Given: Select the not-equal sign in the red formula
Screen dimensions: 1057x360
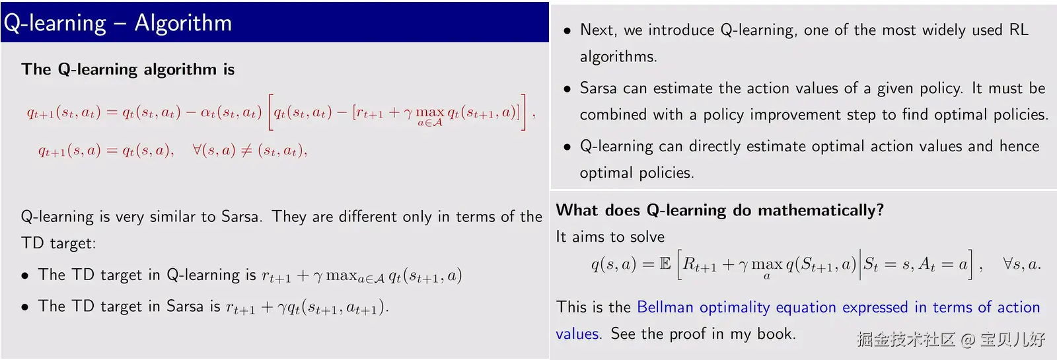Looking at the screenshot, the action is tap(246, 151).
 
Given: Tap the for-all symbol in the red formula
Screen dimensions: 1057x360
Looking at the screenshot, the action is tap(197, 150).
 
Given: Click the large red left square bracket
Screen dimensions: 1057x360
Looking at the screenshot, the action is tap(271, 112).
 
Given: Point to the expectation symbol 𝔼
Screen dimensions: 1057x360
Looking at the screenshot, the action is tap(665, 264).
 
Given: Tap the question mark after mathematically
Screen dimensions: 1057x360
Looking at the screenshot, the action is tap(879, 209).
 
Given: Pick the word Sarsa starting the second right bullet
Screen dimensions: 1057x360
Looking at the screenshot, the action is tap(599, 89).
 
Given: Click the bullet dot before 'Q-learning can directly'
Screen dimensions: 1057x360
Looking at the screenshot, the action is tap(567, 147).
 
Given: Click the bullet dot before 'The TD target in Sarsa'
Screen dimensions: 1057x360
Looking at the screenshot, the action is tap(25, 307).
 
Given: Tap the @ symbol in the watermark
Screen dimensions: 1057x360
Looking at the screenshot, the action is tap(968, 340).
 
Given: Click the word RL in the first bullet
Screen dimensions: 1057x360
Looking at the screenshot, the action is tap(1019, 30).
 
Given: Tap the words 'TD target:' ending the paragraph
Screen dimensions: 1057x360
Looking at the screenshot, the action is tap(59, 243).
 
